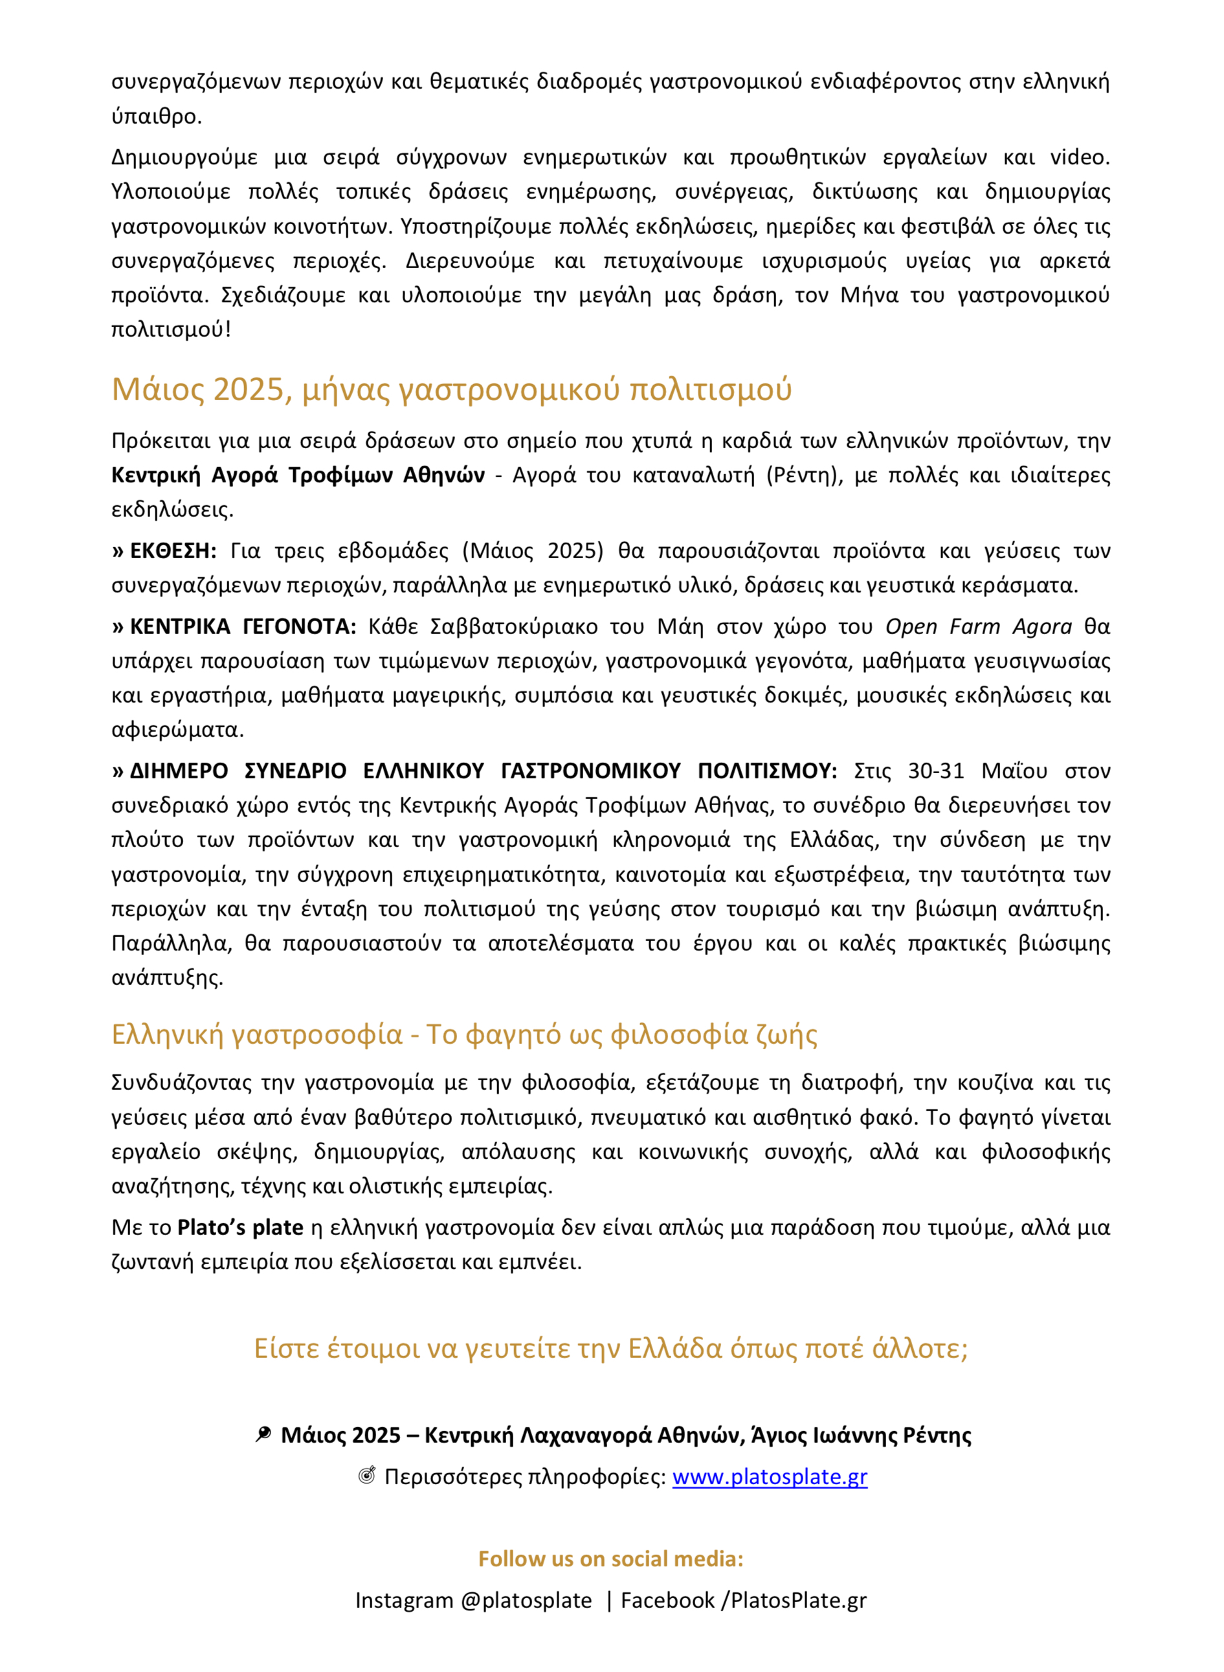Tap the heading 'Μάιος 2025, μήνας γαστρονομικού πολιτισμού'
[x=451, y=389]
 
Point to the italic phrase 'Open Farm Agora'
[x=978, y=626]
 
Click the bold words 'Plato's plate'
[x=240, y=1227]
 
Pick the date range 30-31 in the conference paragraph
[x=936, y=771]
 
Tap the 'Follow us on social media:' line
[x=610, y=1559]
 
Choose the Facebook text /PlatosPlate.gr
[x=798, y=1600]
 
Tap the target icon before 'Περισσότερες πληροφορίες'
[x=367, y=1476]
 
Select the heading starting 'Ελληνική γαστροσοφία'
[x=464, y=1034]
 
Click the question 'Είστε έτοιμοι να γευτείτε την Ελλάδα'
[x=610, y=1348]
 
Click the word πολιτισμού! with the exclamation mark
[x=171, y=329]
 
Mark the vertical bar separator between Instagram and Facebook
[x=609, y=1600]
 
